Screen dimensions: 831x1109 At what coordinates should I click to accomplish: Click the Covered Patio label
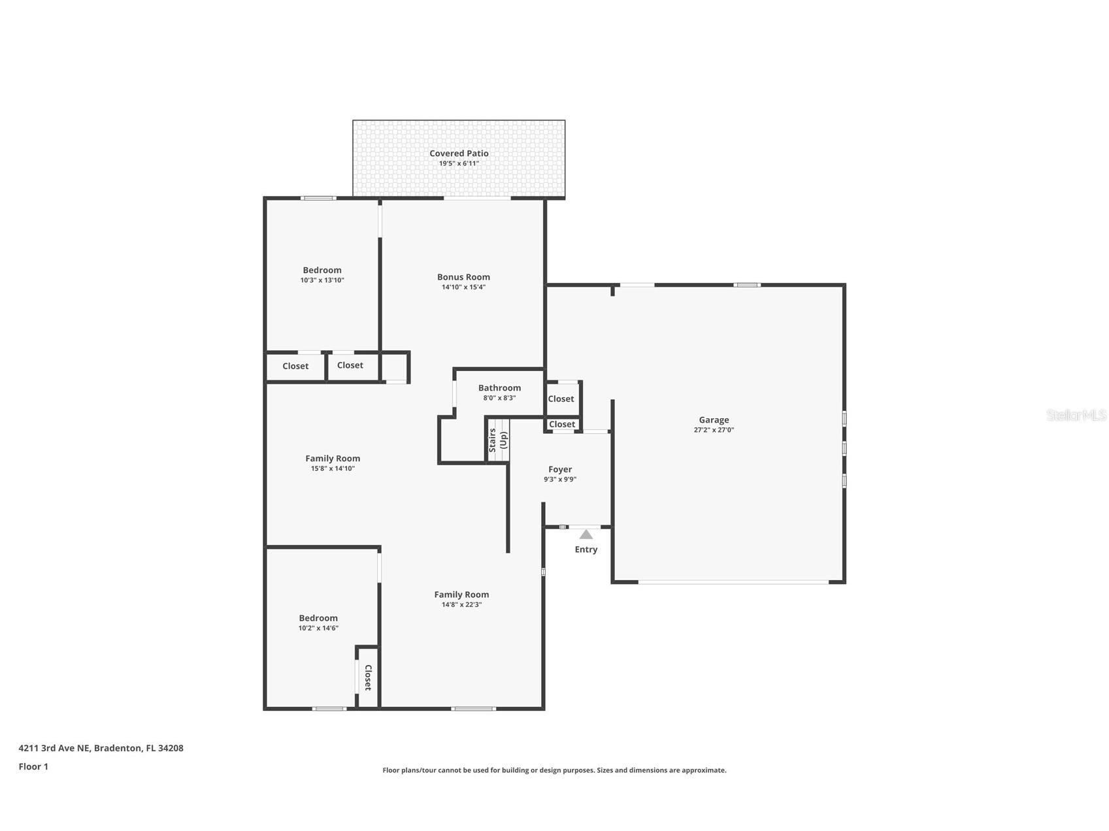point(459,154)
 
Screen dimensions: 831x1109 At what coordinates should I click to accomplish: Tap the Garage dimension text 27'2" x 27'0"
point(714,430)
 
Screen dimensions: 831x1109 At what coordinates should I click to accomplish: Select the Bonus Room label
point(463,277)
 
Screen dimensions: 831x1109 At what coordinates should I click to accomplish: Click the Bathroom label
point(499,388)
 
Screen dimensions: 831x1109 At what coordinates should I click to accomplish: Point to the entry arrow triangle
point(586,534)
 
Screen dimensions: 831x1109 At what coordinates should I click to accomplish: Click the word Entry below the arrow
point(586,549)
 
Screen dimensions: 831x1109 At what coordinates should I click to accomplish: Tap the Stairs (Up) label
point(498,440)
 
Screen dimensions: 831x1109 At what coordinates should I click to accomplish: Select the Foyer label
point(560,469)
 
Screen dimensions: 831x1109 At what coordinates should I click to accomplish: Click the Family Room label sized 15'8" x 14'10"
point(333,459)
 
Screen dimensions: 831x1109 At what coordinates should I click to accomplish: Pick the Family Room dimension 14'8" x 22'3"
point(461,605)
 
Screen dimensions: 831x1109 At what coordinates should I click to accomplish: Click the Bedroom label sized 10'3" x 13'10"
point(322,270)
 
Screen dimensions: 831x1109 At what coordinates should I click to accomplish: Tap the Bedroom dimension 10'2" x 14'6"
point(318,628)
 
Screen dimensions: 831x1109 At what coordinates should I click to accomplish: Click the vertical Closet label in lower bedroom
point(368,677)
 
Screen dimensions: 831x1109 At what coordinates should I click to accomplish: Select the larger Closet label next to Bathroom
point(561,399)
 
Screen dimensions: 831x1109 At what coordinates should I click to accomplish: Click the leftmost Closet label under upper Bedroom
point(295,367)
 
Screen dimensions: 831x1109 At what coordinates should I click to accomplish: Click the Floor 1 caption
point(33,767)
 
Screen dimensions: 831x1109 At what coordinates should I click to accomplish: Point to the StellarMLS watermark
point(1076,415)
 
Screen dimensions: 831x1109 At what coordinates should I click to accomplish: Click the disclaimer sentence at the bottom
point(554,770)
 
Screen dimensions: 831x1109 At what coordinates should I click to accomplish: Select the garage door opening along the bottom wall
point(733,581)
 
